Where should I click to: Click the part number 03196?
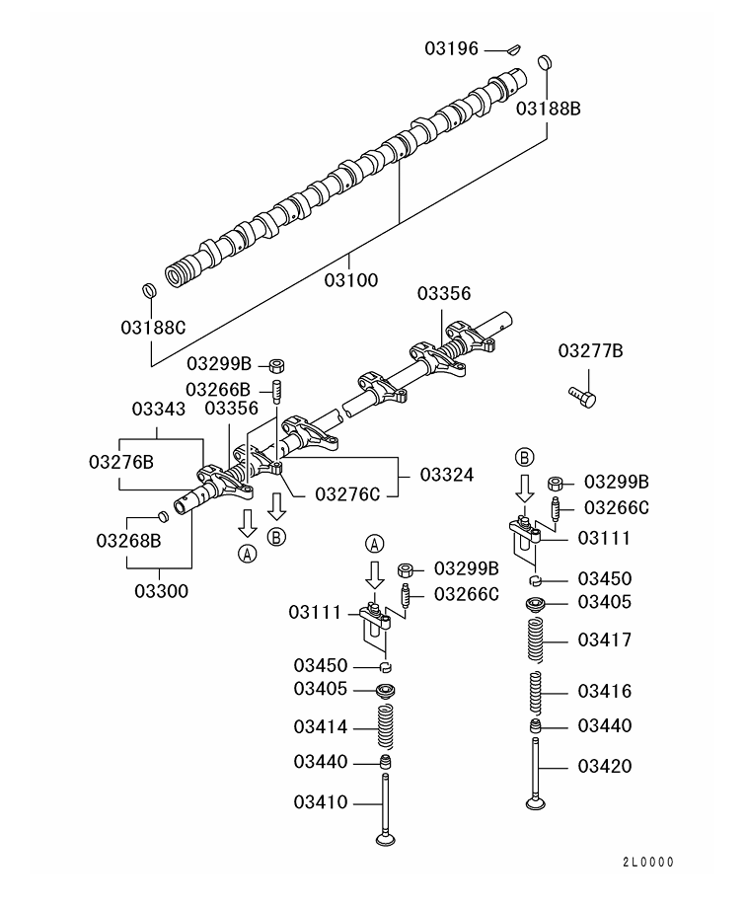click(452, 47)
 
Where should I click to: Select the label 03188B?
click(548, 109)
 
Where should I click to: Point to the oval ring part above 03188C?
click(149, 290)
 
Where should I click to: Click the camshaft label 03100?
click(350, 280)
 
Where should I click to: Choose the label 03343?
click(160, 409)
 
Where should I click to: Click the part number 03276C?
click(347, 493)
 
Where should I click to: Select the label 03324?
click(446, 475)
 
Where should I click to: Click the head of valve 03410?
click(384, 838)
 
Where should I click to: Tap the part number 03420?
click(605, 766)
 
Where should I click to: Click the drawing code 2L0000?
click(647, 862)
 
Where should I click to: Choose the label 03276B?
click(121, 462)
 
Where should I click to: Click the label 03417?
click(605, 640)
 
